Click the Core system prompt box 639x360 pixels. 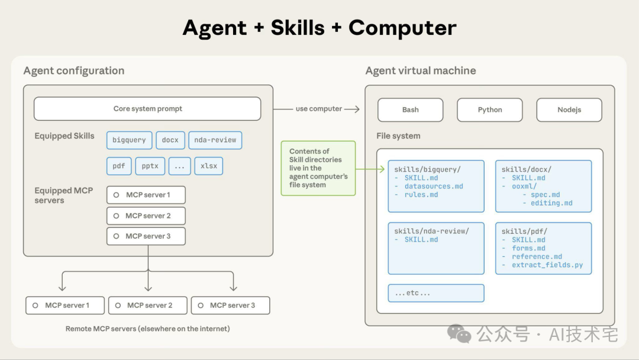coord(147,109)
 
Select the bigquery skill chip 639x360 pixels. coord(129,140)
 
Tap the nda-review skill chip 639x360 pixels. coord(215,140)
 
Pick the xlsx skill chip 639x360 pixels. coord(209,166)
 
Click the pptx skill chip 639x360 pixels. coord(150,166)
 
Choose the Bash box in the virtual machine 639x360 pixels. coord(410,110)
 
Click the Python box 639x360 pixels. coord(489,110)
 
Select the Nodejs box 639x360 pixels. coord(569,110)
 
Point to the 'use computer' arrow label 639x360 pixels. coord(319,109)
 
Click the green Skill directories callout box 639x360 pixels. coord(318,168)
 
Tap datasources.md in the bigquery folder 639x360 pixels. coord(434,187)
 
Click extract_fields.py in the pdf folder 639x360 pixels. coord(547,265)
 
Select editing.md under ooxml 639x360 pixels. coord(551,203)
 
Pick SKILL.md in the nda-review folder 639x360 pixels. coord(421,240)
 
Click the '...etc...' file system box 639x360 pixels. coord(435,293)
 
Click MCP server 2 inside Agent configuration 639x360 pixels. coord(146,216)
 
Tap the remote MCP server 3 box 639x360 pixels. coord(230,306)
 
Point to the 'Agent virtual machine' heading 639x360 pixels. coord(421,71)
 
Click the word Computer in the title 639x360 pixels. coord(402,28)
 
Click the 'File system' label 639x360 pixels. coord(398,136)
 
